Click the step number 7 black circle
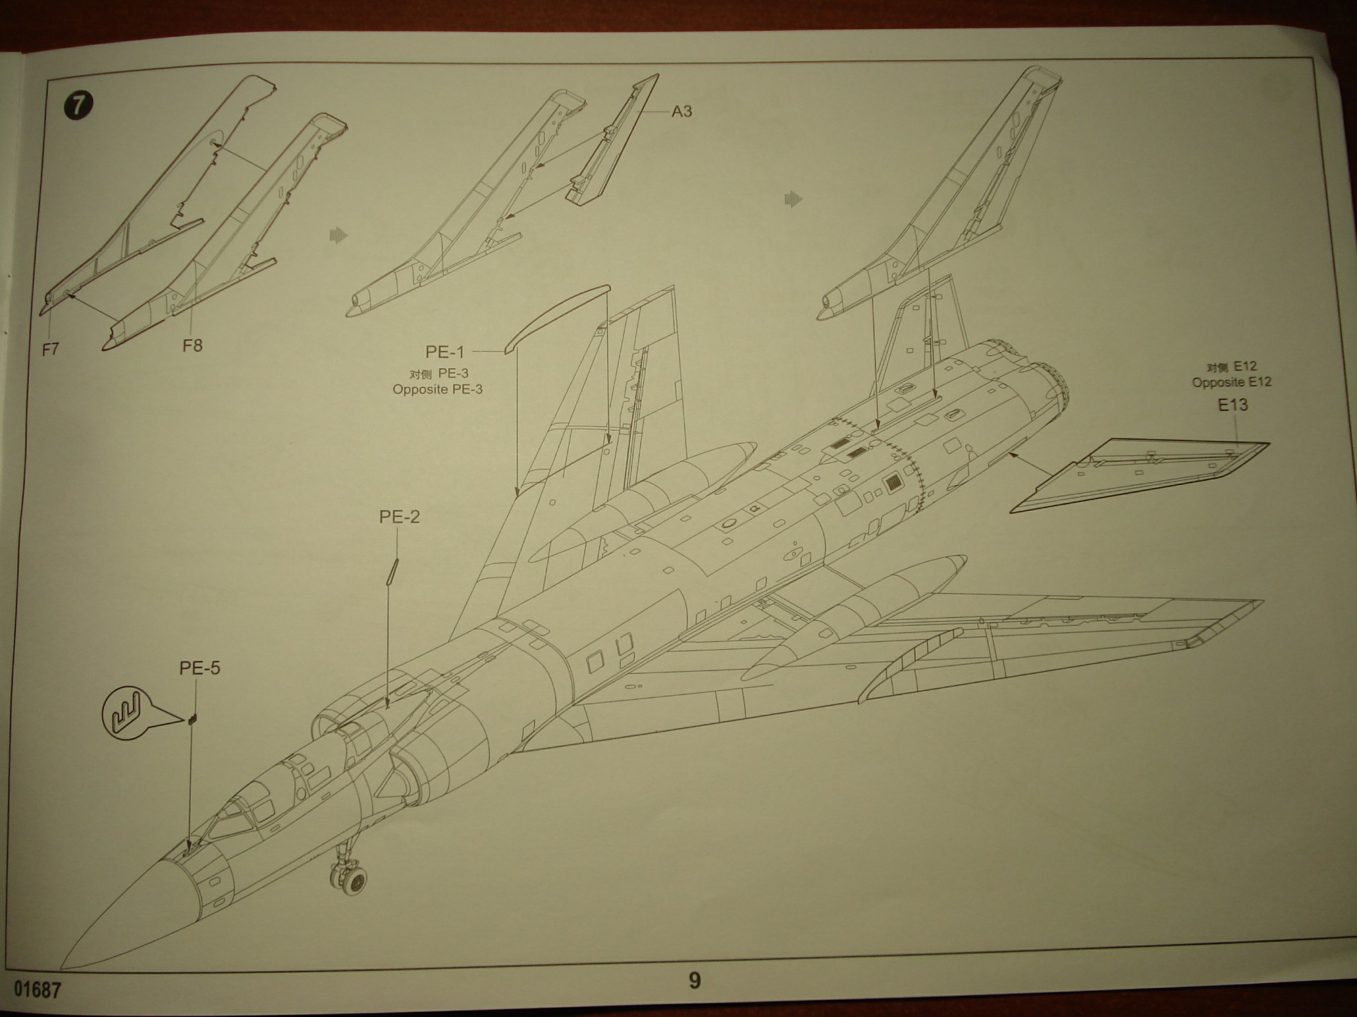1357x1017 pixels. [78, 105]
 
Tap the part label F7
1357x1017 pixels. [50, 349]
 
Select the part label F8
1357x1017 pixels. [192, 345]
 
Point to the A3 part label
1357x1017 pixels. [681, 112]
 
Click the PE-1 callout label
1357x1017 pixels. [445, 352]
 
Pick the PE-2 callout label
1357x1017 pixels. [399, 517]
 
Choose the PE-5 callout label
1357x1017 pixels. [199, 668]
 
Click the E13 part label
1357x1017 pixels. [1233, 405]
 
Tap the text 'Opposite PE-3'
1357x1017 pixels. [437, 389]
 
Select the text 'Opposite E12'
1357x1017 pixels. [1231, 382]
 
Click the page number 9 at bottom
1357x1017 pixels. [694, 980]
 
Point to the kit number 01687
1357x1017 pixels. [37, 989]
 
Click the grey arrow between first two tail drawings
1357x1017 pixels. [339, 235]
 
